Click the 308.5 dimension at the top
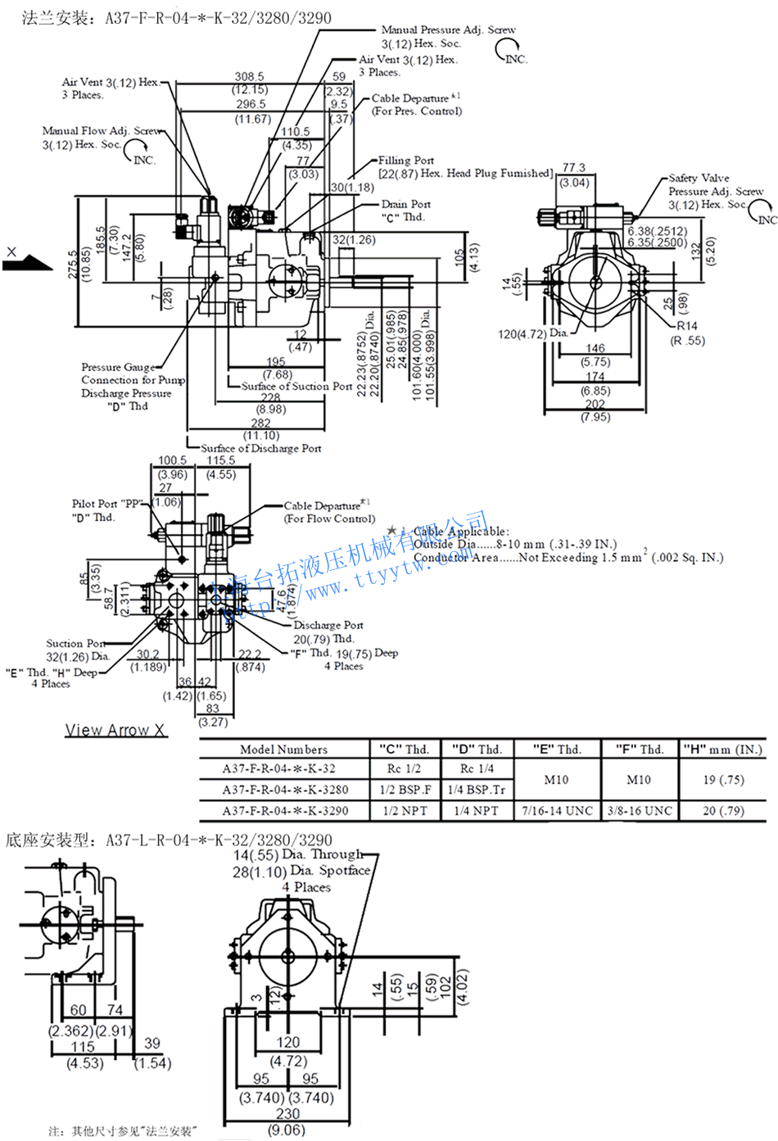coord(249,76)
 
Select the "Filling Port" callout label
coord(406,161)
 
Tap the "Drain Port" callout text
coord(405,204)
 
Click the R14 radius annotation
coord(686,326)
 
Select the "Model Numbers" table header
coord(283,749)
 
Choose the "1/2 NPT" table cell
coord(405,811)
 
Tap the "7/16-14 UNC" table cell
coord(557,811)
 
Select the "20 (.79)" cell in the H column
coord(723,811)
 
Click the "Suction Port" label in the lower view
coord(75,644)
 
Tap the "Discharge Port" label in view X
coord(328,625)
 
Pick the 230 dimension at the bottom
coord(287,1114)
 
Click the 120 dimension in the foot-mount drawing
coord(287,1042)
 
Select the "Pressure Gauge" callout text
coord(118,367)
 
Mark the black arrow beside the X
coord(26,261)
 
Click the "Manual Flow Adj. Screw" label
coord(102,130)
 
